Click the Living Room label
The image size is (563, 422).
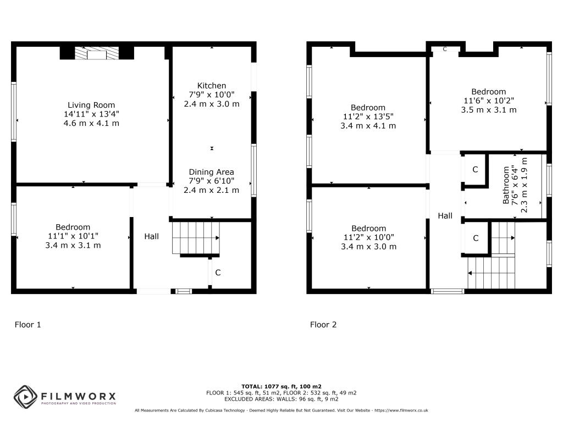(x=91, y=105)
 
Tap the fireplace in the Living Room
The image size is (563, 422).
(x=97, y=53)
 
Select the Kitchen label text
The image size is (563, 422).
(x=212, y=86)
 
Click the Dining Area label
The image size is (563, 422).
(x=212, y=172)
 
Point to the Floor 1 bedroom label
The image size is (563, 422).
(x=73, y=227)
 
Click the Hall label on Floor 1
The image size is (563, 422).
(x=152, y=236)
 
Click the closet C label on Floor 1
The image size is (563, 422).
(x=218, y=273)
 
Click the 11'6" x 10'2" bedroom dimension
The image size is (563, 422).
(x=488, y=101)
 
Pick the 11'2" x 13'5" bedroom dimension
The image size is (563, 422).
(x=368, y=116)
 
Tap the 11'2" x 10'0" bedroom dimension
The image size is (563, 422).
(x=368, y=237)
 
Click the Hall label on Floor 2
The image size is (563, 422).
(x=445, y=216)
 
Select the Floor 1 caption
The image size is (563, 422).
(x=27, y=325)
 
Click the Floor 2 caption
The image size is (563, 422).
(x=323, y=325)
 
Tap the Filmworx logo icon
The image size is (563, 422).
(x=25, y=396)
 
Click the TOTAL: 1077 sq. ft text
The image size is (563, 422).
(x=281, y=386)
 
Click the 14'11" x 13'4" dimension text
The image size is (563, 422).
(x=91, y=114)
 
